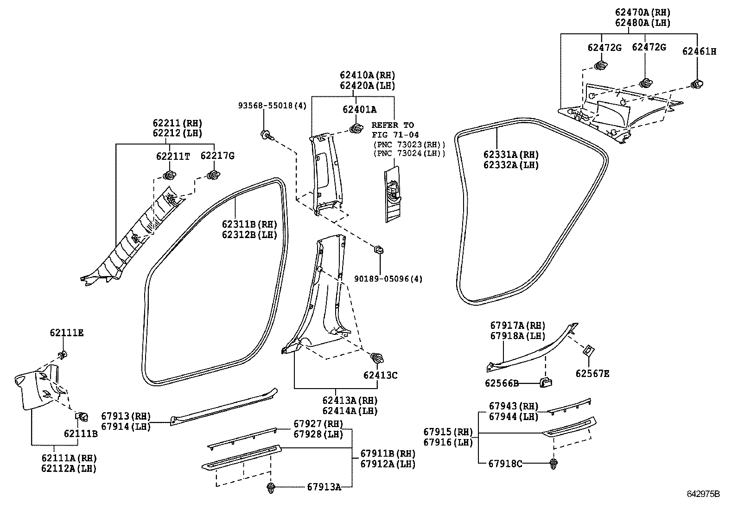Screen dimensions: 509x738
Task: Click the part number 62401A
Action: click(359, 110)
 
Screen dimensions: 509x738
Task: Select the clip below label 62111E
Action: click(62, 356)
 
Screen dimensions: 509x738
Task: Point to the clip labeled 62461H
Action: click(697, 84)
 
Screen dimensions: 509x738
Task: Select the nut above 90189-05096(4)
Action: click(379, 251)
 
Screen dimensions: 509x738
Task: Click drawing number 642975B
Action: click(703, 494)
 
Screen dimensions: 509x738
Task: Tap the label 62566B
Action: click(502, 383)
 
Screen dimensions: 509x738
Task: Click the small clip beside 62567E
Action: click(588, 350)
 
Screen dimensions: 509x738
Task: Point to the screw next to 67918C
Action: click(553, 463)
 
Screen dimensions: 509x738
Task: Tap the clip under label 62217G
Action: click(214, 175)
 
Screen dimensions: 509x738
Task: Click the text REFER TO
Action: click(392, 125)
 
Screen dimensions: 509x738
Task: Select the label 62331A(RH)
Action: click(511, 155)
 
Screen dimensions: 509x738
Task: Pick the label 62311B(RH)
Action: click(249, 225)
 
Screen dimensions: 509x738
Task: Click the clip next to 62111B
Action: click(83, 416)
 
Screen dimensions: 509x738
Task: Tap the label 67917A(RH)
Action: click(518, 326)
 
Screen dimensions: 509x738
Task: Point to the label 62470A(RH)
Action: click(643, 13)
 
